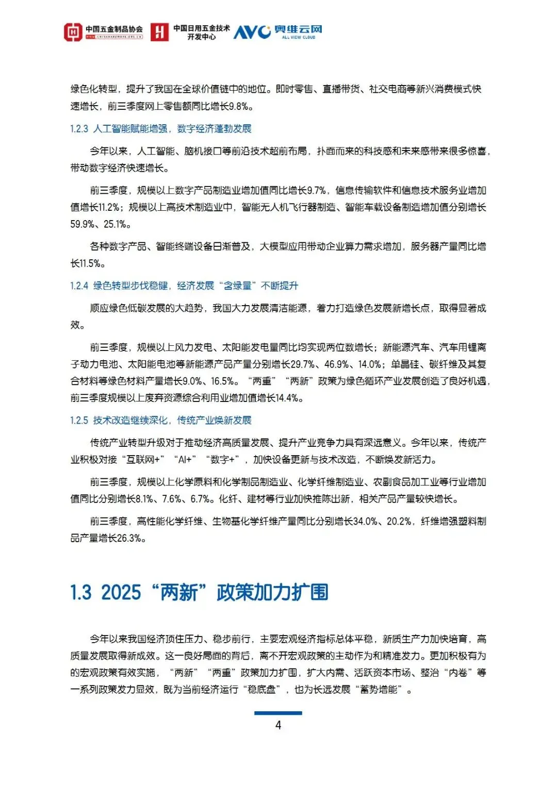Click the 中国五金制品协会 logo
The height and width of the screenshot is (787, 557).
(103, 32)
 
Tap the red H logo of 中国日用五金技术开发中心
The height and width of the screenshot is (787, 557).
(159, 32)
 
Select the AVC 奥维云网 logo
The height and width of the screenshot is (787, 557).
(278, 32)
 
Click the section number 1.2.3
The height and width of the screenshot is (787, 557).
(79, 129)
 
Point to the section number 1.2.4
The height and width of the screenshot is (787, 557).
(79, 286)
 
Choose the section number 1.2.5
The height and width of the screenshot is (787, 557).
(79, 421)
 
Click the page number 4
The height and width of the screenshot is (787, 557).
(278, 725)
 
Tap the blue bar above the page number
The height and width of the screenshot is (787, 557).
(278, 713)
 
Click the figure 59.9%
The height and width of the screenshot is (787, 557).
(83, 224)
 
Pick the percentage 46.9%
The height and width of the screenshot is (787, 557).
(337, 364)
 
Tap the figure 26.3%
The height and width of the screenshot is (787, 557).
(129, 539)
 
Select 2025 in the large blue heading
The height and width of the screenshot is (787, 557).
(121, 593)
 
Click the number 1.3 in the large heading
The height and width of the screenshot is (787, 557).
(81, 593)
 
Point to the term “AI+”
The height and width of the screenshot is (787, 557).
(185, 460)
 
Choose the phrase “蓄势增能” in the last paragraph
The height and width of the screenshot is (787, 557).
(379, 690)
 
